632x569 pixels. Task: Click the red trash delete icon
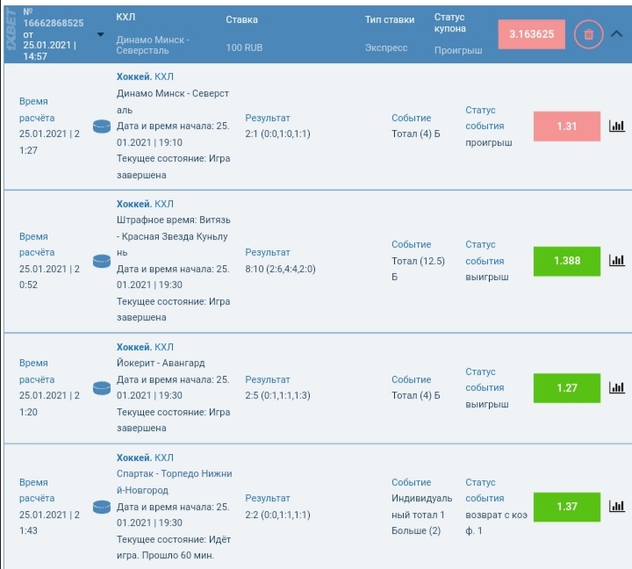point(588,34)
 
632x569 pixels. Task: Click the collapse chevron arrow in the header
point(616,34)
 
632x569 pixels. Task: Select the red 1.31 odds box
point(567,126)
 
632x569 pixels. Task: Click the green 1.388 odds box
point(567,261)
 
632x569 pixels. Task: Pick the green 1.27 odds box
point(567,387)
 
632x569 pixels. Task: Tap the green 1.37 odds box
point(567,507)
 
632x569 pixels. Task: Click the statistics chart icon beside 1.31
point(616,126)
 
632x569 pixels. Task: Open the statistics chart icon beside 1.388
point(616,261)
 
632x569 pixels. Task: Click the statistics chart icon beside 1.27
point(616,387)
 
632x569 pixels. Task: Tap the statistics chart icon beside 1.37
point(616,507)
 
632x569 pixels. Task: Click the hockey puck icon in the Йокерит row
point(102,387)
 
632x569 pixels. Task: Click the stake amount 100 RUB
point(245,47)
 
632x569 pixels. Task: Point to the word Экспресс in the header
point(386,47)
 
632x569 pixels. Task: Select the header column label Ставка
point(241,19)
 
